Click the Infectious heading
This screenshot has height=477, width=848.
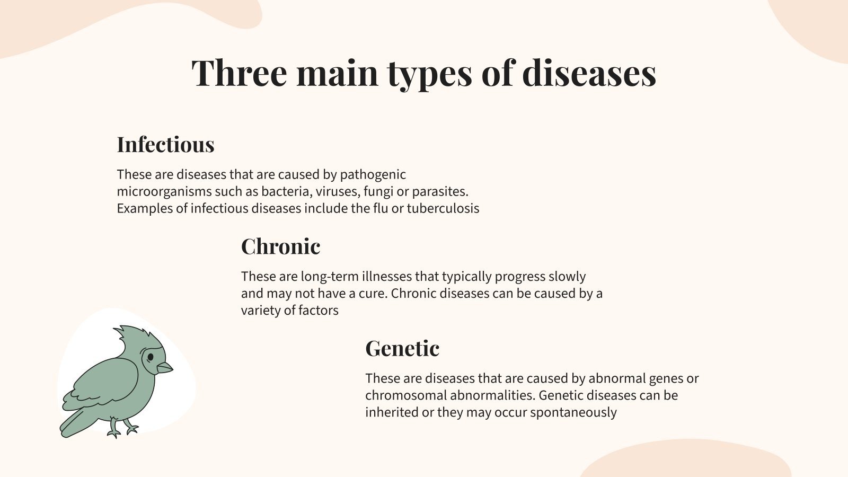click(x=165, y=145)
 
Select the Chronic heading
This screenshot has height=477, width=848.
click(x=280, y=246)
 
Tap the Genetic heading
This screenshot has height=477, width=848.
click(x=402, y=348)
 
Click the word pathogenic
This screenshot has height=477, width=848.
click(x=373, y=175)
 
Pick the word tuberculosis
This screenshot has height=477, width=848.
click(x=443, y=209)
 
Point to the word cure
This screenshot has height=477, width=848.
click(x=373, y=294)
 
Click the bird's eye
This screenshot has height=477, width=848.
click(x=151, y=357)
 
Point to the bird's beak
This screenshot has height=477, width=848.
click(x=164, y=367)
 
